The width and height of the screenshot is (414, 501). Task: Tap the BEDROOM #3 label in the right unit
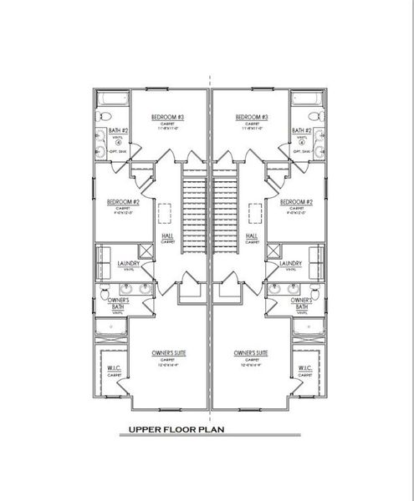click(251, 117)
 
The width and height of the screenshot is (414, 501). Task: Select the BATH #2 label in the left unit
click(118, 131)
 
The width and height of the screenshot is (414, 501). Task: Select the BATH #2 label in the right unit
click(301, 131)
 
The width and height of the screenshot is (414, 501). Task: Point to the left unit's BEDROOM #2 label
click(122, 202)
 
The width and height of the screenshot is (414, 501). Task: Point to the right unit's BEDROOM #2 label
click(296, 202)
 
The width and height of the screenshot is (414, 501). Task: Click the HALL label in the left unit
click(167, 235)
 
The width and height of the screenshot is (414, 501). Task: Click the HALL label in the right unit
click(251, 235)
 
